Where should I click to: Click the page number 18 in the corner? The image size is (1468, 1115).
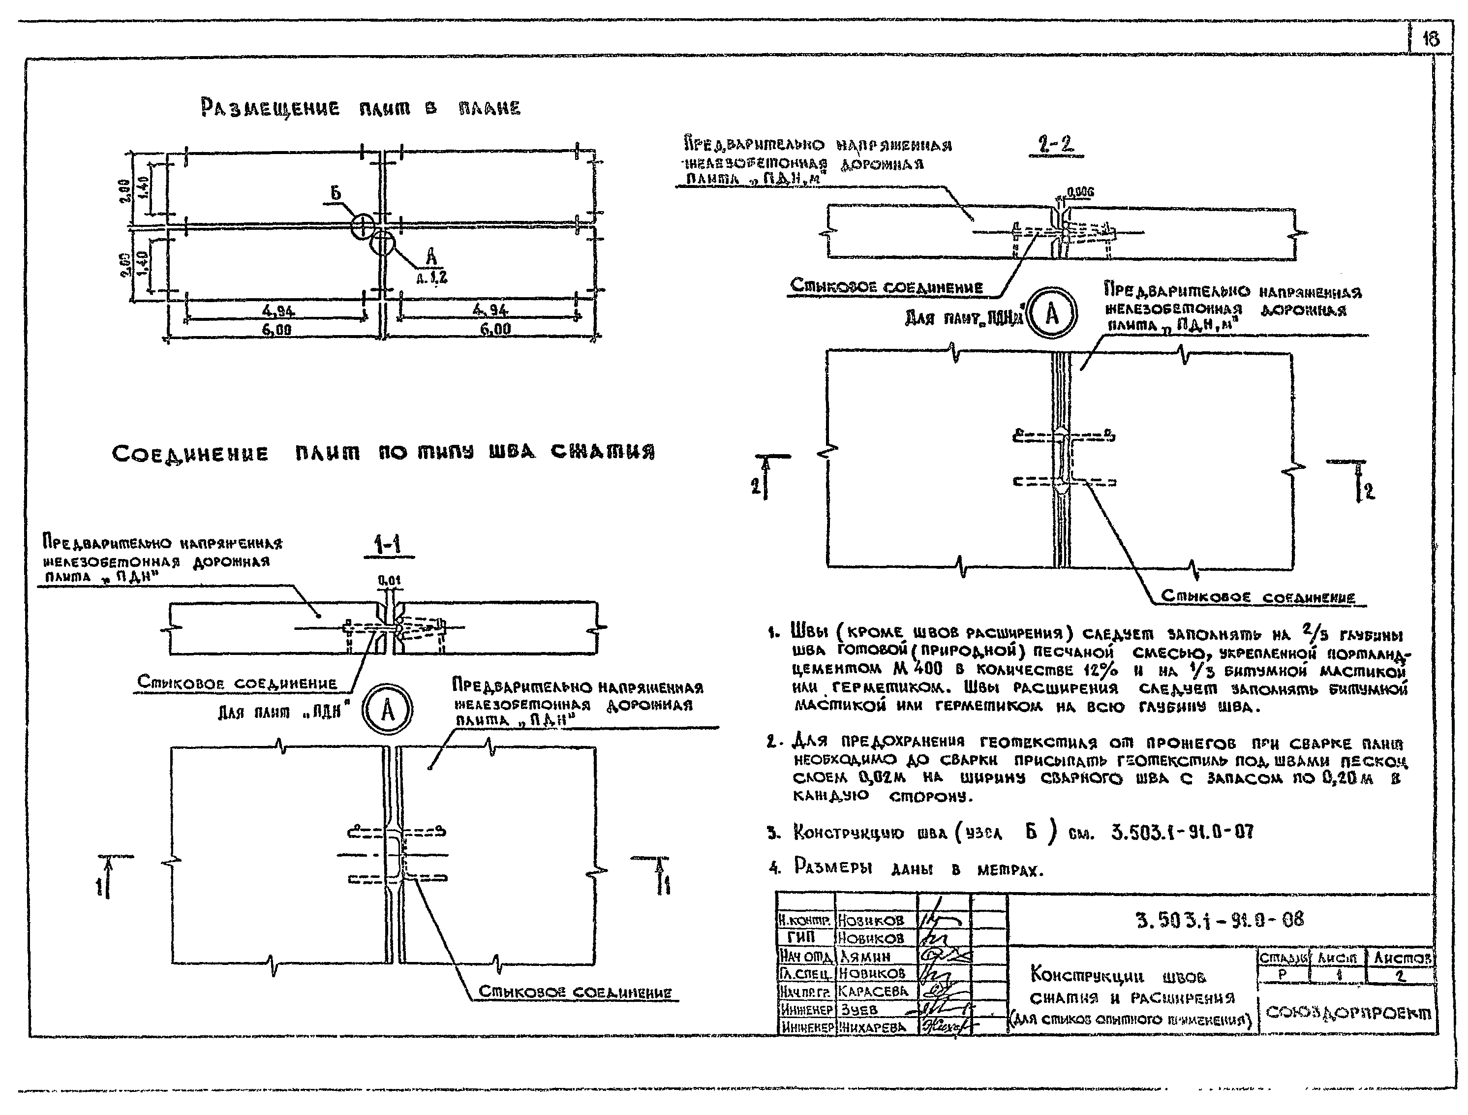click(x=1430, y=39)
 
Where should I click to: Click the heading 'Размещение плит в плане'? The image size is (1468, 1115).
click(x=361, y=108)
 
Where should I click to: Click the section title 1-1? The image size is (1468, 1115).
click(x=387, y=546)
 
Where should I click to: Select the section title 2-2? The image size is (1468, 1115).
click(x=1055, y=145)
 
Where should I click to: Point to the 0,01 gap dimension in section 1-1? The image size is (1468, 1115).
click(x=390, y=581)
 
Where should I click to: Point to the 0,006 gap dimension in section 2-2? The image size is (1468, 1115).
click(x=1080, y=192)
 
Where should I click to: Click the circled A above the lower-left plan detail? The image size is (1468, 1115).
click(x=388, y=711)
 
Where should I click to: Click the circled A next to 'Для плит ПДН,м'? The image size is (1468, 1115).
click(x=1052, y=314)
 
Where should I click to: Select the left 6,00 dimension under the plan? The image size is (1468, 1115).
click(x=276, y=330)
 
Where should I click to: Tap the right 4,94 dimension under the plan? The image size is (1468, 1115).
click(x=490, y=310)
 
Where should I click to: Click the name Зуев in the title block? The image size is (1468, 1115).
click(x=859, y=1010)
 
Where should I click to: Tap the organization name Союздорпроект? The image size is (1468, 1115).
click(x=1348, y=1013)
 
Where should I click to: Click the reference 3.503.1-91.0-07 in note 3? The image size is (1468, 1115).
click(x=1182, y=832)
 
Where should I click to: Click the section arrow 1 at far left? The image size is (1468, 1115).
click(x=103, y=885)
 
